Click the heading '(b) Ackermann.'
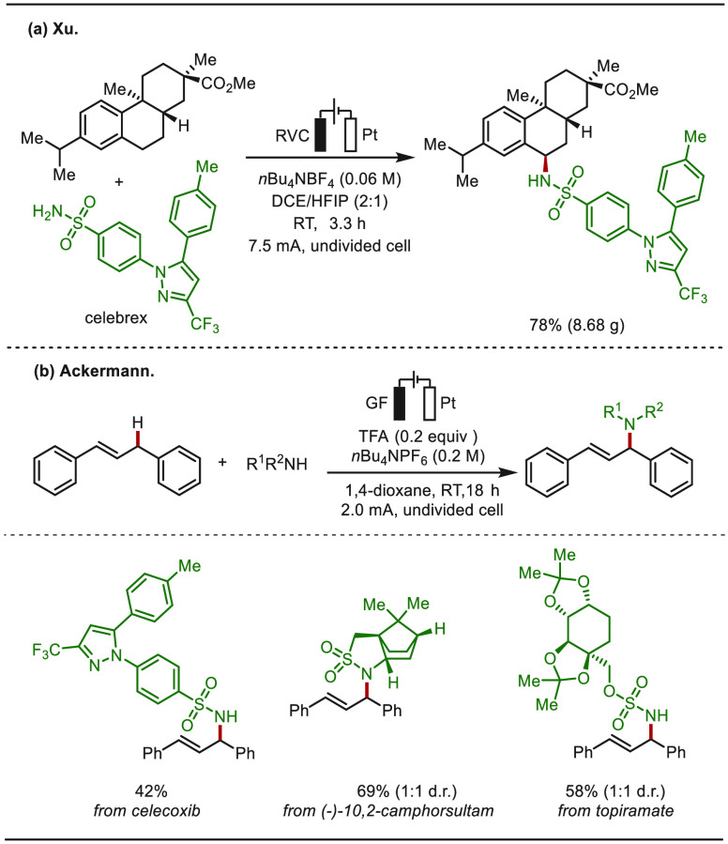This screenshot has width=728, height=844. click(93, 372)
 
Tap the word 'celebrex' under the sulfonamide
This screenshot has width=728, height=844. click(115, 317)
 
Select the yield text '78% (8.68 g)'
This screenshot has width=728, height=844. click(577, 325)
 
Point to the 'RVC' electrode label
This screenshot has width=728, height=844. click(292, 135)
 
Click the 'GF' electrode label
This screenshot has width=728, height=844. click(375, 403)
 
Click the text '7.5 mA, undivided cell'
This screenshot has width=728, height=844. click(329, 246)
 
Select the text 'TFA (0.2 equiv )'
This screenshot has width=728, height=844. click(418, 436)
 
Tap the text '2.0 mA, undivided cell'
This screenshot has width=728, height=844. click(422, 509)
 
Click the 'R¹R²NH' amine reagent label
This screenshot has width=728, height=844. click(277, 463)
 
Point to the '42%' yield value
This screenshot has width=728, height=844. click(151, 790)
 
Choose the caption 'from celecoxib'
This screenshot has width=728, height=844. click(146, 810)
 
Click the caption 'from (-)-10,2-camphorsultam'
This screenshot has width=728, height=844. click(388, 810)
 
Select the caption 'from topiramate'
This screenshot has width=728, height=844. click(615, 810)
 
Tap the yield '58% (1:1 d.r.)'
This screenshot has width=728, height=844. click(615, 790)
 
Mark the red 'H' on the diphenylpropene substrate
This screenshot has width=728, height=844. click(138, 423)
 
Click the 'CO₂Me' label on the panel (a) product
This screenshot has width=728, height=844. click(631, 89)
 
